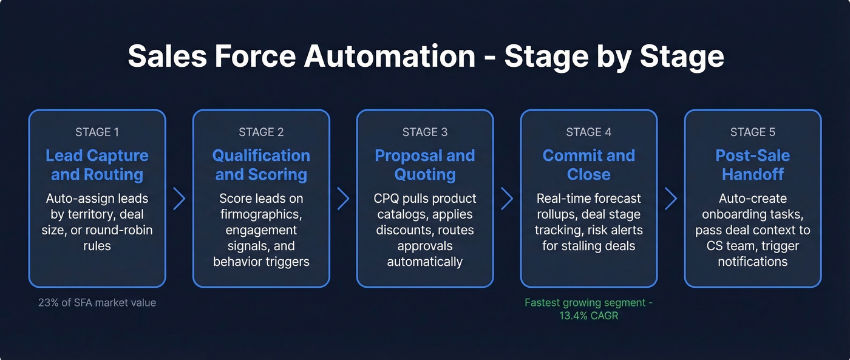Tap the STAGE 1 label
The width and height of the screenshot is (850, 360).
[97, 132]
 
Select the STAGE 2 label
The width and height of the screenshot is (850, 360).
[261, 132]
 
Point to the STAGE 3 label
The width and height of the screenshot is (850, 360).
[425, 132]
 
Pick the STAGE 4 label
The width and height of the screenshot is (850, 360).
[588, 132]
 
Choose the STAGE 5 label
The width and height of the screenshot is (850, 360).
[752, 132]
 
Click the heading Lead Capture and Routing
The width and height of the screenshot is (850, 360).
[97, 165]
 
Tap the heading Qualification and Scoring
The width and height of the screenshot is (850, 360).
[261, 165]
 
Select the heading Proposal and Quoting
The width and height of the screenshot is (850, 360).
[425, 165]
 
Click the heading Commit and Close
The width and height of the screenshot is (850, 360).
[588, 165]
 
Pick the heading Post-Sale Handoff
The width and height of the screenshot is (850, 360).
[752, 165]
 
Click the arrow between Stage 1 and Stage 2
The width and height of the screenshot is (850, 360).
[179, 199]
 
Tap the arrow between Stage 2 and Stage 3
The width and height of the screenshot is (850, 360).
[343, 199]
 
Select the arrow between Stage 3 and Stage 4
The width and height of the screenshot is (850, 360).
[507, 199]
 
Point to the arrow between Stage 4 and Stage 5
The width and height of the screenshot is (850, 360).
[671, 199]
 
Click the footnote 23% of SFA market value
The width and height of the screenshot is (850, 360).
[97, 302]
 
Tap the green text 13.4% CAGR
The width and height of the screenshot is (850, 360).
[588, 316]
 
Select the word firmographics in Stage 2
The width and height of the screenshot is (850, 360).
[261, 215]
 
